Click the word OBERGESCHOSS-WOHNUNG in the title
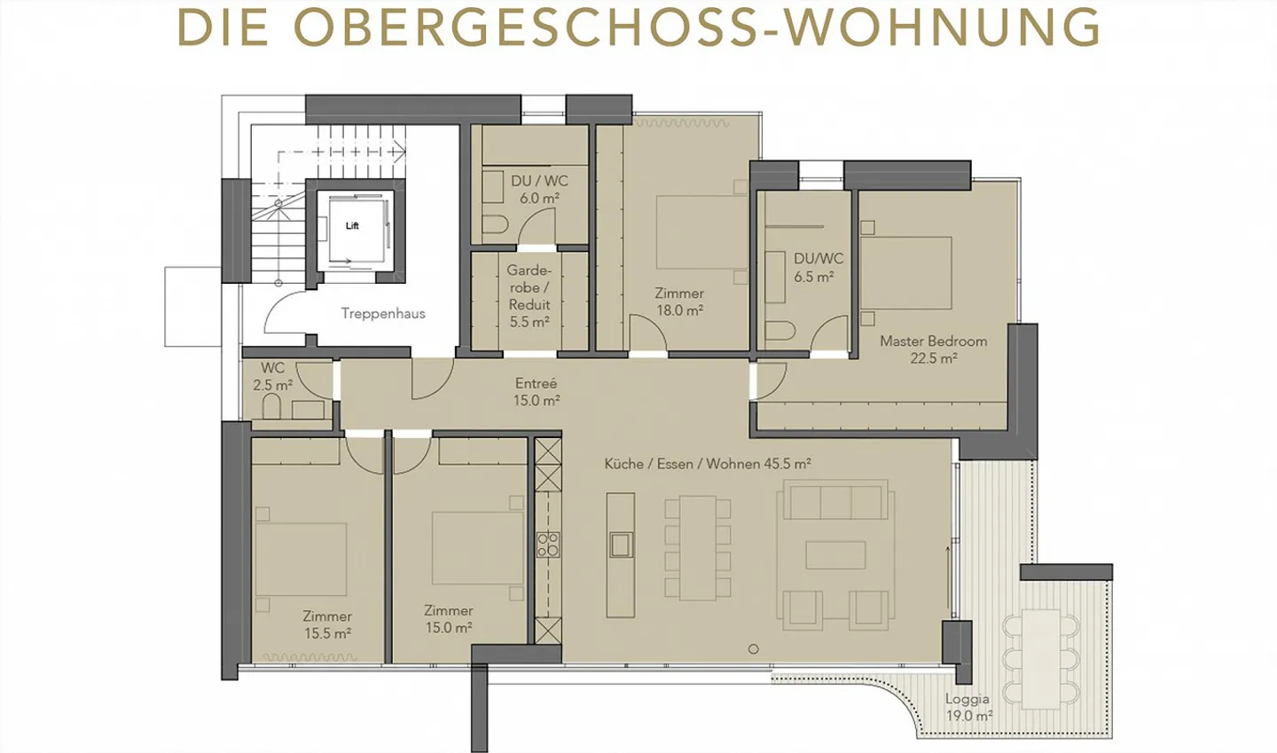696,28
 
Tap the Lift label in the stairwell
352,226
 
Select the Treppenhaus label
383,313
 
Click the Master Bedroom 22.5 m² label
933,349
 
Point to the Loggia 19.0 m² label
968,707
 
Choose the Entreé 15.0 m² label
537,391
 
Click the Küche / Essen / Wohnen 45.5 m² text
708,463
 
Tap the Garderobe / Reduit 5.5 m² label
529,295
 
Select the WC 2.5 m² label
272,376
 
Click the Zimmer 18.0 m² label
679,302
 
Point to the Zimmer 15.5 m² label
327,624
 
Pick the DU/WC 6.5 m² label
818,267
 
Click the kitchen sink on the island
621,544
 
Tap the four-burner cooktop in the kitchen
548,544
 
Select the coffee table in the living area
835,555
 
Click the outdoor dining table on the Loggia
1041,658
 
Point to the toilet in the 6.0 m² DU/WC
495,223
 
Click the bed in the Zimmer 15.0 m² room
477,547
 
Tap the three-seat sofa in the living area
834,501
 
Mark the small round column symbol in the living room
753,648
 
